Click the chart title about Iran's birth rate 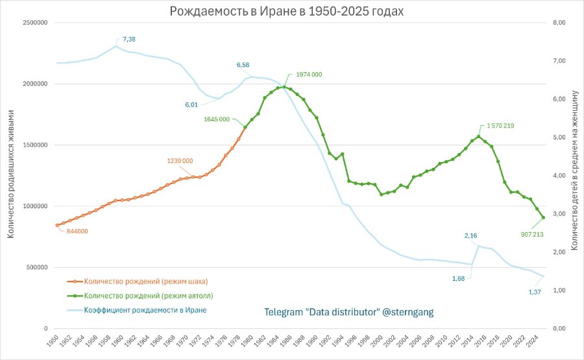point(286,11)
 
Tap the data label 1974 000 point(309,75)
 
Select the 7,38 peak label point(129,39)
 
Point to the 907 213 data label point(532,235)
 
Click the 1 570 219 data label point(500,126)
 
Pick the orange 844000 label point(77,231)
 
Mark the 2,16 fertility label point(470,235)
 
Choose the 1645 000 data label point(216,119)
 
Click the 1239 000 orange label point(180,161)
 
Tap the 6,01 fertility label point(191,105)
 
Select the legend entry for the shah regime point(138,282)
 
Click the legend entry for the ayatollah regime point(140,296)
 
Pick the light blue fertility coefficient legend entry point(137,310)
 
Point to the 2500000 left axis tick point(36,23)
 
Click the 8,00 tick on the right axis point(559,23)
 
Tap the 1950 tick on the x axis point(53,341)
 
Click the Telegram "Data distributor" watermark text point(349,312)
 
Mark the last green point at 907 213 point(543,217)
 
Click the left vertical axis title point(10,174)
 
